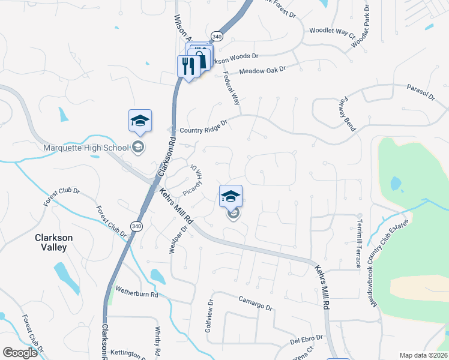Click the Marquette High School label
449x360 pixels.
[86, 148]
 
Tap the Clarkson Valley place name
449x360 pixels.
[53, 242]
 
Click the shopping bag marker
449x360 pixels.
[200, 60]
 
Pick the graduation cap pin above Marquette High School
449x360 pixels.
[139, 121]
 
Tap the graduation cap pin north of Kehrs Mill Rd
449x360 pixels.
[231, 196]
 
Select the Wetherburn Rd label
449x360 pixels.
[137, 293]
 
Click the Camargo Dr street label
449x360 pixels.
[255, 302]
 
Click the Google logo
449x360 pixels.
[20, 352]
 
